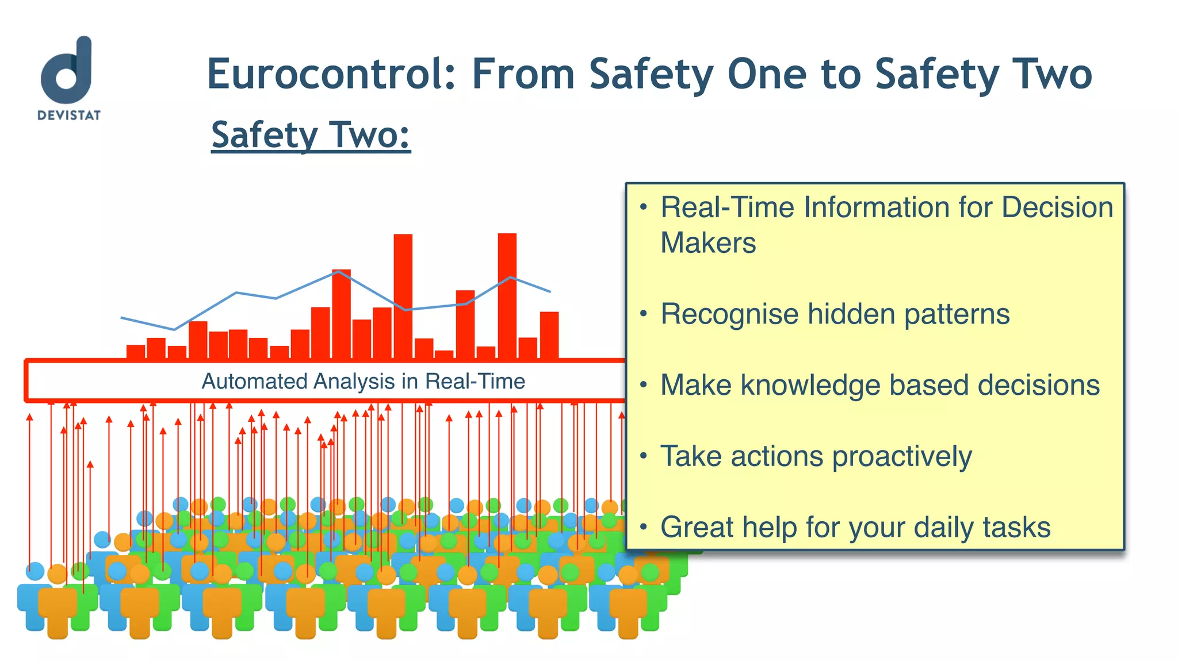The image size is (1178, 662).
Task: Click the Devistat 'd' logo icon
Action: pyautogui.click(x=67, y=70)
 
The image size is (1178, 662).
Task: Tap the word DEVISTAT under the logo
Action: pyautogui.click(x=69, y=116)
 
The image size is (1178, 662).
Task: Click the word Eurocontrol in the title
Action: pyautogui.click(x=331, y=75)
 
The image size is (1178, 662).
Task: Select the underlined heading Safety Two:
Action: pyautogui.click(x=311, y=135)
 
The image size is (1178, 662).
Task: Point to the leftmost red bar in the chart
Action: pyautogui.click(x=136, y=352)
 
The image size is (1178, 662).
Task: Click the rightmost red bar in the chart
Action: pyautogui.click(x=549, y=335)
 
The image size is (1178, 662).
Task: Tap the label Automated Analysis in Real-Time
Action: pyautogui.click(x=363, y=382)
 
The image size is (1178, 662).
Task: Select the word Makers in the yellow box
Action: pyautogui.click(x=708, y=243)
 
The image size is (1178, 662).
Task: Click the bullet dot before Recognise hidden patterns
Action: pyautogui.click(x=644, y=314)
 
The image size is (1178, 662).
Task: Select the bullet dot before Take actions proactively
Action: pyautogui.click(x=644, y=456)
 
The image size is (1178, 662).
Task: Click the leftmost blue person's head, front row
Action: pyautogui.click(x=35, y=571)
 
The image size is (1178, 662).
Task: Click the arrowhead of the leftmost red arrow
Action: pyautogui.click(x=30, y=417)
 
